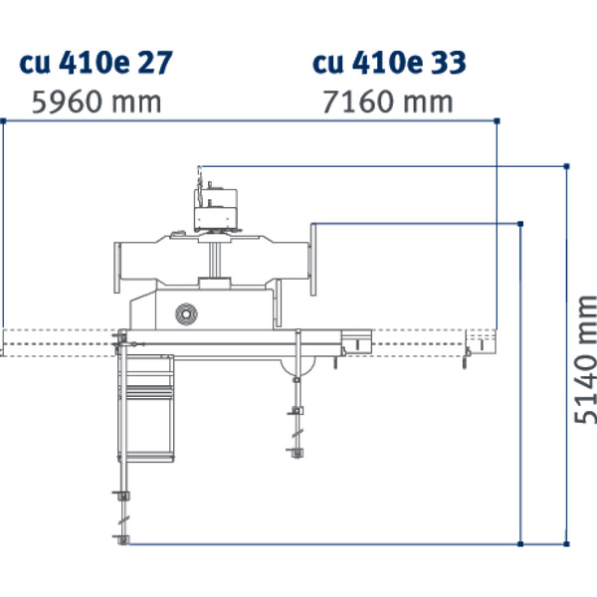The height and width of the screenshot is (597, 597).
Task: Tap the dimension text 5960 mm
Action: (96, 101)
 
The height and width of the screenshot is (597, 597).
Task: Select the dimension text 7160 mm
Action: (388, 101)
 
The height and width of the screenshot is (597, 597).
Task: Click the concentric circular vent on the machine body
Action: (184, 314)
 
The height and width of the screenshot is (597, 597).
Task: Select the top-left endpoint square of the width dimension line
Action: (3, 120)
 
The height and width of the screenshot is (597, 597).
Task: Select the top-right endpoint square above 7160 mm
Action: (497, 120)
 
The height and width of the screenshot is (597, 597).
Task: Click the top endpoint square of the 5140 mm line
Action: (566, 165)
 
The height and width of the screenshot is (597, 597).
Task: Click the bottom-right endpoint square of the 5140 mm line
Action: (566, 543)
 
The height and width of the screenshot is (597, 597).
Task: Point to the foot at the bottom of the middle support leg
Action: (296, 453)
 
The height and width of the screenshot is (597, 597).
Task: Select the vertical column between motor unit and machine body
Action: (216, 261)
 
